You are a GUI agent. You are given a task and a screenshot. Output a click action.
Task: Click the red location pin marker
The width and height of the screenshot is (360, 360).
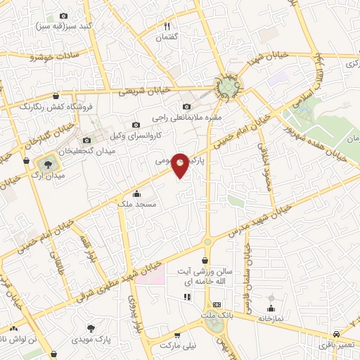click(181, 165)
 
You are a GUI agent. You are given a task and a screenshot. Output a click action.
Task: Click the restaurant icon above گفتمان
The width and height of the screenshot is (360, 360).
click(167, 25)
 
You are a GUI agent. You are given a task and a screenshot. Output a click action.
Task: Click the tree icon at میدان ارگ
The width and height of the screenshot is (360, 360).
click(46, 162)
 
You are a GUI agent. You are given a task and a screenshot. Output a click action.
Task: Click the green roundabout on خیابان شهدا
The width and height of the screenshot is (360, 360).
click(228, 87)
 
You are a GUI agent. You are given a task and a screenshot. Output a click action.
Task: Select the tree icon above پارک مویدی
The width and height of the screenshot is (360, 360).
click(91, 328)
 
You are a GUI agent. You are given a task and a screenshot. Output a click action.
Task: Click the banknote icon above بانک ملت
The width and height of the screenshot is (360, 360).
click(217, 305)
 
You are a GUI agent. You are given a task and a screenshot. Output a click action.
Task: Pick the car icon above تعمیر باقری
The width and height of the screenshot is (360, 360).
click(337, 333)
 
